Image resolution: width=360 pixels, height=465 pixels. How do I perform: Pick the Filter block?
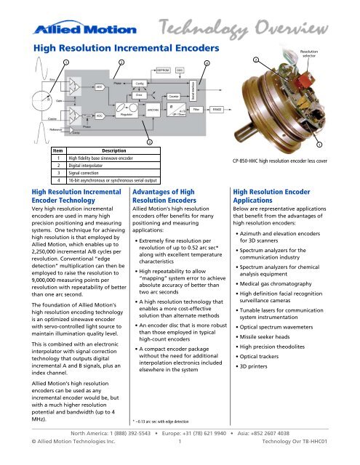point(197,110)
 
